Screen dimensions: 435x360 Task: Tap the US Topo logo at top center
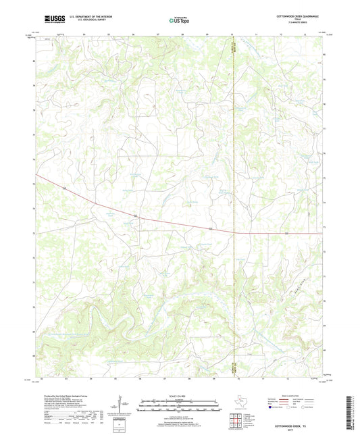[x=179, y=20]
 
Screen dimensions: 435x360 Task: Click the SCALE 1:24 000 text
[x=179, y=395]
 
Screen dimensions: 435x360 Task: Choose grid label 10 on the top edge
[x=232, y=32]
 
